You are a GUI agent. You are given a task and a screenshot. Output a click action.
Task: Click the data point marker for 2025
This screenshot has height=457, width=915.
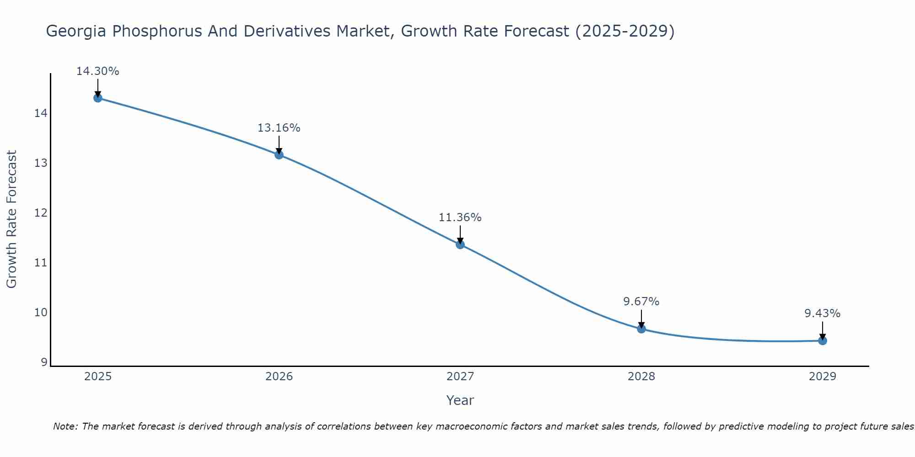(97, 98)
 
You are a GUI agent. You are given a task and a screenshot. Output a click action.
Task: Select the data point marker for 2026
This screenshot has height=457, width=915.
(279, 154)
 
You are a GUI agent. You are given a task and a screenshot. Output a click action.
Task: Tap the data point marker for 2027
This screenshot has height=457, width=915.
(460, 244)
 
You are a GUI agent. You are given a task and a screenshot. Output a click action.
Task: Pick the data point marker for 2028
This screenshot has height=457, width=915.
(641, 329)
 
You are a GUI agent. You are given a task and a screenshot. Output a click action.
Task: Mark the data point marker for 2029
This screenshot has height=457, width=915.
(823, 340)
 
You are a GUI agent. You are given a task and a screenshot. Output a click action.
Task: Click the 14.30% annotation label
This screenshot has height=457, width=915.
(97, 71)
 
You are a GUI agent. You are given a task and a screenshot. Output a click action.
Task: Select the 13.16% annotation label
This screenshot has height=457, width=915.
(279, 128)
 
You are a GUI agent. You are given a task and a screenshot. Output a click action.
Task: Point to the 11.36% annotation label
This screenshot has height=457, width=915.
(460, 218)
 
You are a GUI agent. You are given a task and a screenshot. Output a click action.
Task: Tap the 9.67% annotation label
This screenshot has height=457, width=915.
(641, 302)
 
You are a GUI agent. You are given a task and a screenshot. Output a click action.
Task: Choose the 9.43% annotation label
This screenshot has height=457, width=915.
(823, 314)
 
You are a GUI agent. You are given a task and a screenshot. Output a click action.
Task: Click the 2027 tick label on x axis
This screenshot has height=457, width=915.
(460, 377)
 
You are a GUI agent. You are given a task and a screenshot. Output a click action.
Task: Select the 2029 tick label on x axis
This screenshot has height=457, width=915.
(823, 377)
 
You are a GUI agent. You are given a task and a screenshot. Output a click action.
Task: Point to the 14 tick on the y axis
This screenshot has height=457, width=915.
(41, 113)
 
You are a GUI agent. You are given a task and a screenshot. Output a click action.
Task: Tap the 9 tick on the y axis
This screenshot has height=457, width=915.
(44, 362)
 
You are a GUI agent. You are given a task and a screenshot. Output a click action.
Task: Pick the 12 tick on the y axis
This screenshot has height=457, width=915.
(41, 213)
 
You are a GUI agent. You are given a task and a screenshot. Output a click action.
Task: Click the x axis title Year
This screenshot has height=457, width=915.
(460, 400)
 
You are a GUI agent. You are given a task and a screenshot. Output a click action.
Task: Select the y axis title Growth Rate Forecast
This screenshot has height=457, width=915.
(12, 219)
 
